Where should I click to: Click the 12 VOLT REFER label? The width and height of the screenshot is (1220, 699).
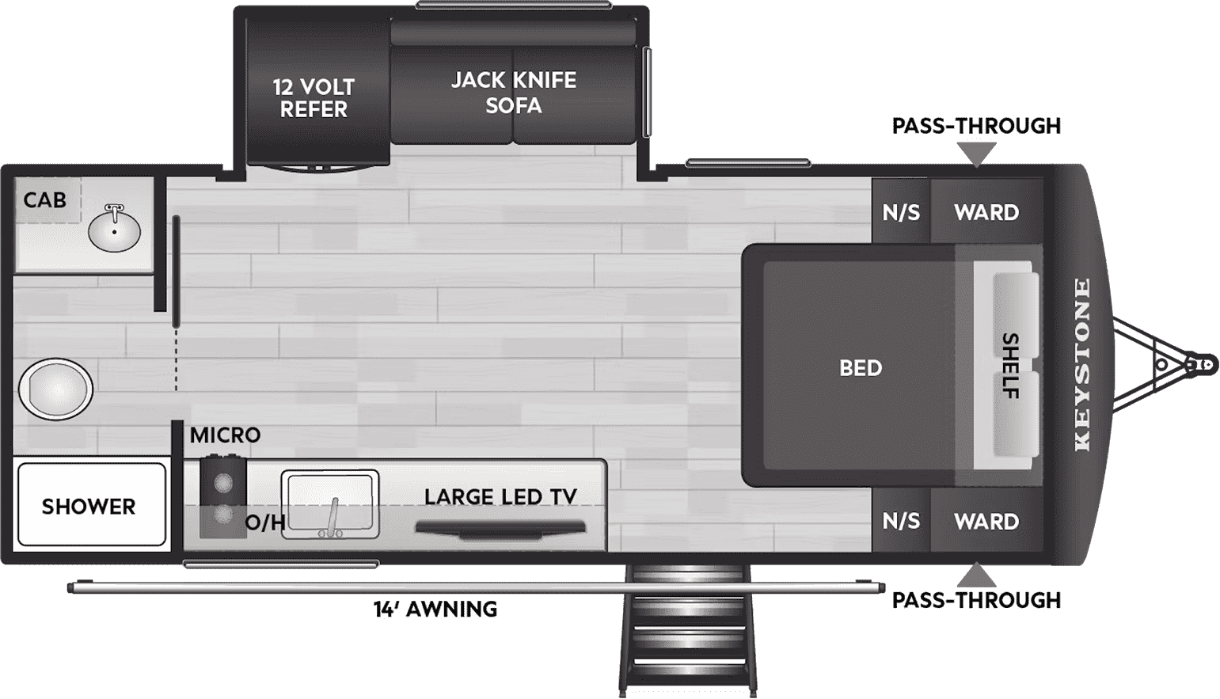pos(314,98)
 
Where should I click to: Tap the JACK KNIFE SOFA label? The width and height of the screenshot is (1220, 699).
pos(514,93)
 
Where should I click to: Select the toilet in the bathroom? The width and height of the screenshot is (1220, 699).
pos(55,389)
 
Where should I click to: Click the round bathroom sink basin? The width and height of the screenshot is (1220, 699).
pos(115,230)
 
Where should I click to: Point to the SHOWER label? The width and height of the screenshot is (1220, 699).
pos(89,507)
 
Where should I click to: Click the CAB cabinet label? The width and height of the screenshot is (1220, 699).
pos(45,200)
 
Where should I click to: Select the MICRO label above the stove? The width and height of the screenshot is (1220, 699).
pos(225,435)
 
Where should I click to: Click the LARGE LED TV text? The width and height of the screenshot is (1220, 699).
pos(500,497)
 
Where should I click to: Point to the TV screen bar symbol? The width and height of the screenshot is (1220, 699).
pos(500,528)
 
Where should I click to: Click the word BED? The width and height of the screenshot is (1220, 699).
pos(861,368)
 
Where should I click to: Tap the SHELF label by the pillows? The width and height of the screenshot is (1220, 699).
pos(1010,365)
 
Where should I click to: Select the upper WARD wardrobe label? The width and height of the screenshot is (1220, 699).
pos(986,213)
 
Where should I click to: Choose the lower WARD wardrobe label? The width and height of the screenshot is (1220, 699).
pos(986,522)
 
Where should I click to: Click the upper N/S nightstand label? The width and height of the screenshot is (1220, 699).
pos(901,213)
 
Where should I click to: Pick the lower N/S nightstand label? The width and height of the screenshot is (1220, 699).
pos(901,522)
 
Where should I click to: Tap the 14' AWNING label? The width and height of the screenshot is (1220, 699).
pos(435,610)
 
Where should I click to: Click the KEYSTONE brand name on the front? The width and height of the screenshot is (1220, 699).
pos(1081,365)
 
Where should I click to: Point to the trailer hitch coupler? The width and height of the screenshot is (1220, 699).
pos(1203,365)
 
